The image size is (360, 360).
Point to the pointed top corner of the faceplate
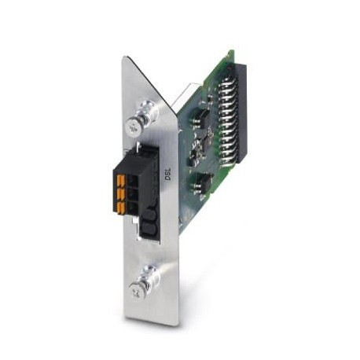pyautogui.click(x=125, y=58)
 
